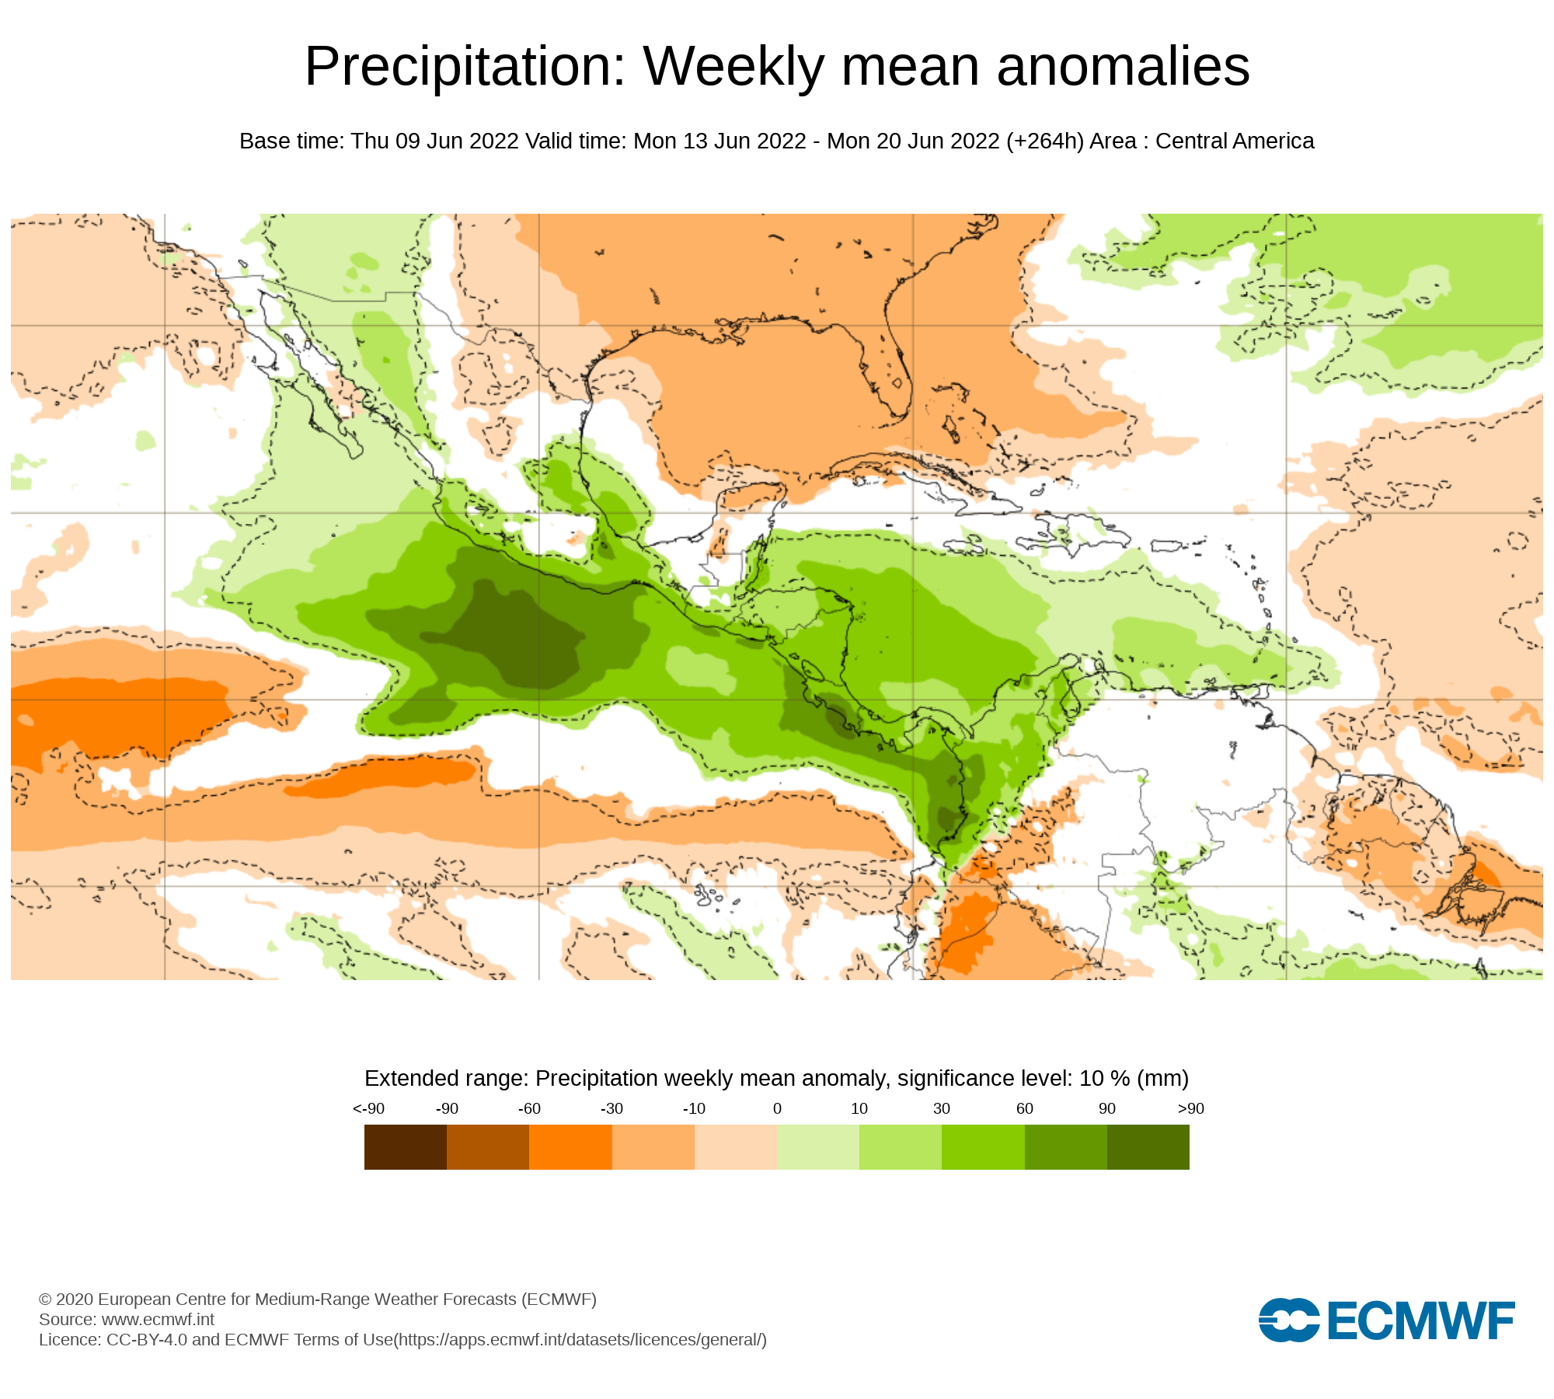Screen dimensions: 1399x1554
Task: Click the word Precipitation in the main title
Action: click(465, 67)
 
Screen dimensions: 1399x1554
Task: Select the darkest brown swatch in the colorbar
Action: click(405, 1147)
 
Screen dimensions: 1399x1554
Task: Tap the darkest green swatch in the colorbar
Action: click(1148, 1147)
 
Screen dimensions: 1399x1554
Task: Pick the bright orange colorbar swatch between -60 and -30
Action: click(570, 1147)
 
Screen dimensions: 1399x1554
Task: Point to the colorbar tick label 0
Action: click(777, 1109)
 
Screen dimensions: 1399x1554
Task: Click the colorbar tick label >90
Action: click(1190, 1109)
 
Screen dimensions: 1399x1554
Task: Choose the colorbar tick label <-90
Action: click(368, 1109)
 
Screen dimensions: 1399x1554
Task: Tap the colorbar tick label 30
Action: click(942, 1109)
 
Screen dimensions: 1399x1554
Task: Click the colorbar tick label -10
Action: click(694, 1109)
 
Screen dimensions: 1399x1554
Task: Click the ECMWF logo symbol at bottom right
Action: click(1288, 1320)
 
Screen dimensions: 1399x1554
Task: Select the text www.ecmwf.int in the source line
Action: click(158, 1319)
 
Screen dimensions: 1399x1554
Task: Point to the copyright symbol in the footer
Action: click(45, 1300)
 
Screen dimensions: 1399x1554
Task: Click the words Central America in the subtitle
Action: click(1235, 141)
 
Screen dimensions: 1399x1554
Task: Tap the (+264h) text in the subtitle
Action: click(1044, 141)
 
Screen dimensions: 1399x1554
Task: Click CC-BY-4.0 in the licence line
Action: click(147, 1340)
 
